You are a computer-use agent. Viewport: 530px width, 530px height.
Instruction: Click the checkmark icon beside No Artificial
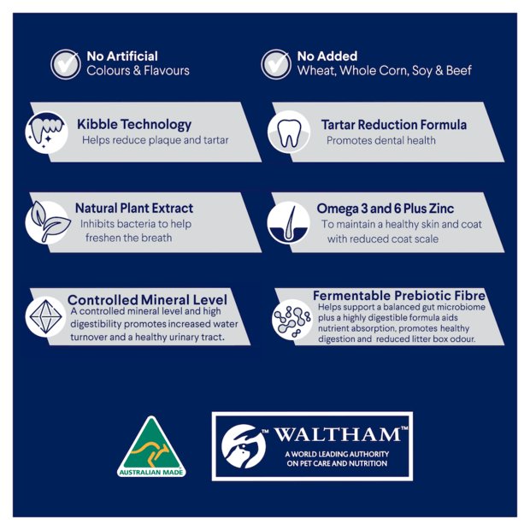pyautogui.click(x=66, y=64)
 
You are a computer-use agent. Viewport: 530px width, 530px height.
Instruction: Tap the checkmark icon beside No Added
pyautogui.click(x=276, y=64)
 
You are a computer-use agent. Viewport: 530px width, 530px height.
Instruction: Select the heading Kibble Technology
pyautogui.click(x=134, y=125)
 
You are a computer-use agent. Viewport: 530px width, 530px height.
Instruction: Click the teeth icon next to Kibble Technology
pyautogui.click(x=46, y=132)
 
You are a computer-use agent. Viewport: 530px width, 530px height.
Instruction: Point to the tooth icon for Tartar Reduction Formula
pyautogui.click(x=289, y=132)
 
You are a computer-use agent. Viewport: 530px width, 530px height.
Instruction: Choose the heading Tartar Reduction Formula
pyautogui.click(x=394, y=125)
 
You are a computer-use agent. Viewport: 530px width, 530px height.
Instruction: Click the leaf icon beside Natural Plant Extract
pyautogui.click(x=49, y=222)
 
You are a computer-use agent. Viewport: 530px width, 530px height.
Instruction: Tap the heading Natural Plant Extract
pyautogui.click(x=134, y=208)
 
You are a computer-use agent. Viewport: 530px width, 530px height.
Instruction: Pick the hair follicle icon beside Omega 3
pyautogui.click(x=288, y=223)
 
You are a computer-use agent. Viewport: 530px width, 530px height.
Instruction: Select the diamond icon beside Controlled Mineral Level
pyautogui.click(x=45, y=316)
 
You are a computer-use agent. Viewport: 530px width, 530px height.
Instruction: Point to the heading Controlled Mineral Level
pyautogui.click(x=147, y=300)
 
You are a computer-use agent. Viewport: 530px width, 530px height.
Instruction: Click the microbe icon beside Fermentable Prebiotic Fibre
pyautogui.click(x=292, y=320)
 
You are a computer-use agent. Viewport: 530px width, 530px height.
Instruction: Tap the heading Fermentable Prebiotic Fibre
pyautogui.click(x=399, y=296)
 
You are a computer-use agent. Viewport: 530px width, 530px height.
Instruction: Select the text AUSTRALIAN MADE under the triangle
pyautogui.click(x=151, y=472)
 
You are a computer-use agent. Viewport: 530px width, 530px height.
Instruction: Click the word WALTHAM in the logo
pyautogui.click(x=338, y=434)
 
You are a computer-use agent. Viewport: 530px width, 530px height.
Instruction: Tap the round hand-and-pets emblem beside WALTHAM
pyautogui.click(x=244, y=446)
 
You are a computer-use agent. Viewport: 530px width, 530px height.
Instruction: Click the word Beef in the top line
pyautogui.click(x=459, y=70)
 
